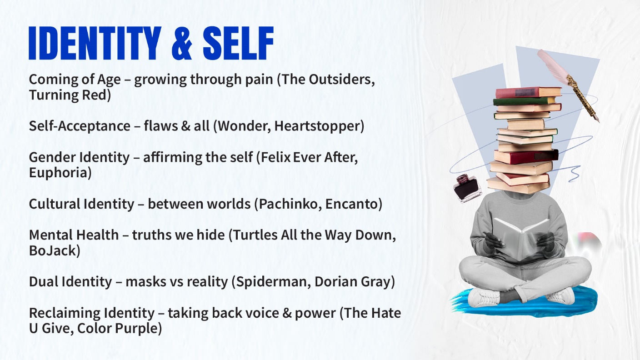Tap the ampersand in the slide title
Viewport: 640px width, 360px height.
pos(181,44)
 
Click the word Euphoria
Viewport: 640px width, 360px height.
pos(60,173)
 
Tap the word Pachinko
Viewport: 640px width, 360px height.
pos(285,204)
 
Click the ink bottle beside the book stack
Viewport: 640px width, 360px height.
pos(467,187)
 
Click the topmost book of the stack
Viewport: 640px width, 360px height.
pos(527,92)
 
